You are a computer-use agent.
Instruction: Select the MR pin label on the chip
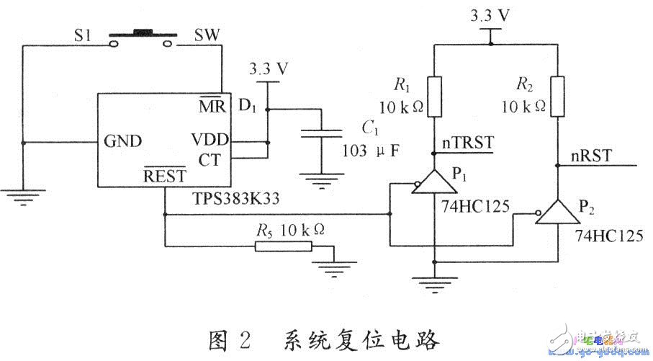[x=212, y=106]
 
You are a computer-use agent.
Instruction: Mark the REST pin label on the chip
[x=164, y=177]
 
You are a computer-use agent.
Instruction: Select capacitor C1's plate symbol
[x=321, y=134]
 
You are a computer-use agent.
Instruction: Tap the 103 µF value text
[x=369, y=153]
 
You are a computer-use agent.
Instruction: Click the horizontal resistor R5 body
[x=283, y=247]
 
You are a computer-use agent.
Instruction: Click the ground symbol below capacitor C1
[x=321, y=180]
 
